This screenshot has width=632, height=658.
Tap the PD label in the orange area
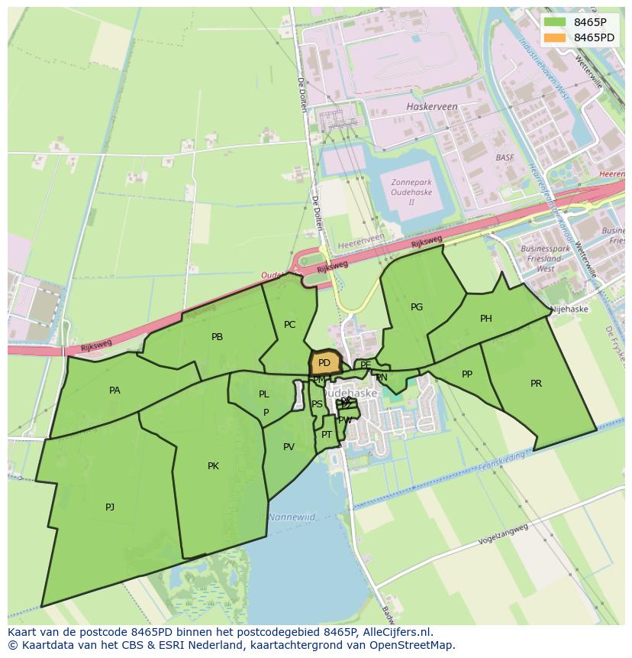tap(324, 363)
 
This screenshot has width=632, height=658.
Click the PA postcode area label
tap(114, 391)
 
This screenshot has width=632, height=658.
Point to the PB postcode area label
tap(217, 336)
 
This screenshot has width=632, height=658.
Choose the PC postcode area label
tap(289, 325)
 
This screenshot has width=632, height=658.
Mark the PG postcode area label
tap(416, 307)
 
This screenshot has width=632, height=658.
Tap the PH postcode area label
tap(485, 319)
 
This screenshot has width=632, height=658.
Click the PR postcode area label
tap(536, 384)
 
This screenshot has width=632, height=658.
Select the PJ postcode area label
tap(110, 507)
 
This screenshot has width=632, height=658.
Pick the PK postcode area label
tap(213, 466)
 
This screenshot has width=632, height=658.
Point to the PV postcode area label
tap(289, 447)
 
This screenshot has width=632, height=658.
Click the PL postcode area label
tap(263, 394)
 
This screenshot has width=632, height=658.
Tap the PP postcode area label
tap(467, 374)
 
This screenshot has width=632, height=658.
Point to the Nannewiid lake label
tap(292, 517)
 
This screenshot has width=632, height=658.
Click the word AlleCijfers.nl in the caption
tap(397, 632)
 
